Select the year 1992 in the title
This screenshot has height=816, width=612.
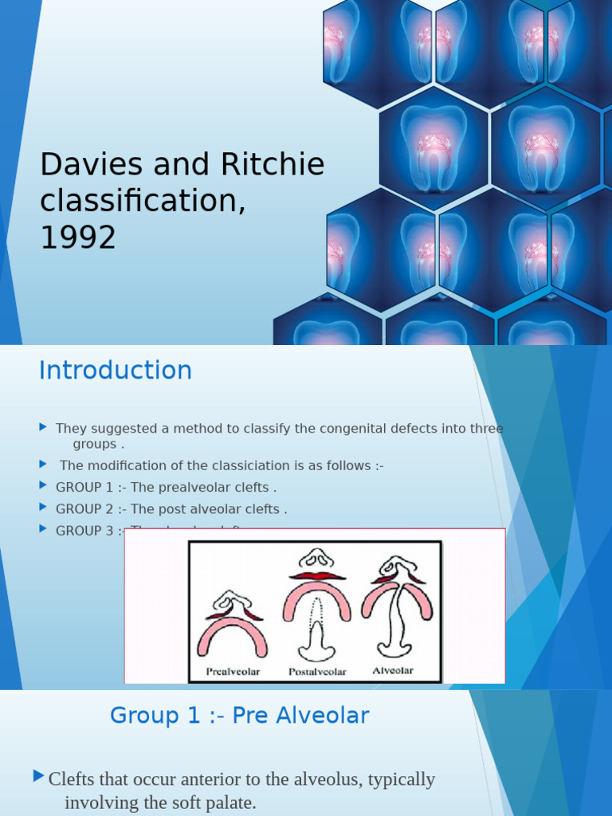click(78, 237)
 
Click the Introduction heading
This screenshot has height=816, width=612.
click(116, 371)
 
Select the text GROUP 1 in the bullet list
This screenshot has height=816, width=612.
click(84, 487)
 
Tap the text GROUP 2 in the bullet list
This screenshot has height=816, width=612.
click(84, 509)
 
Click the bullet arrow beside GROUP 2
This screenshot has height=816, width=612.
click(43, 507)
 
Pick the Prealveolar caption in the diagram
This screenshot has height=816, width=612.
click(233, 672)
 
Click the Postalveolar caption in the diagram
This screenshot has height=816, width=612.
click(317, 672)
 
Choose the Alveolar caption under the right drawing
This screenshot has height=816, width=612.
click(393, 671)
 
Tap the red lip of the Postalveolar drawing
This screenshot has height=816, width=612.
click(317, 575)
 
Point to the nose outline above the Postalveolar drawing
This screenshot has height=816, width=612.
click(316, 559)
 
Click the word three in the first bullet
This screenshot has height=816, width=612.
click(487, 429)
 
